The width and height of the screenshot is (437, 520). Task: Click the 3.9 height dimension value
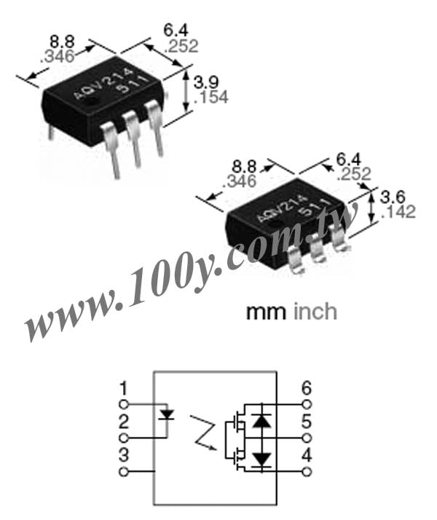tap(206, 82)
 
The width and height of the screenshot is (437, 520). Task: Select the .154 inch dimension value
tap(211, 98)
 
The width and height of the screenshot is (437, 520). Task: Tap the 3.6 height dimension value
tap(393, 197)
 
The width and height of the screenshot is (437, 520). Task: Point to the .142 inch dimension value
tap(398, 212)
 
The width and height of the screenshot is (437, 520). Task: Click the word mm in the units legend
tap(266, 312)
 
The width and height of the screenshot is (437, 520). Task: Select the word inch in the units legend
tap(315, 312)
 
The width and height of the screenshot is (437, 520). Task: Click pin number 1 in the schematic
tap(123, 389)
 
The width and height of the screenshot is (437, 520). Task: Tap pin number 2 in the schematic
tap(123, 422)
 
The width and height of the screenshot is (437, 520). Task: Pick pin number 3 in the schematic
tap(123, 455)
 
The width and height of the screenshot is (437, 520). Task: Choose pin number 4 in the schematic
tap(307, 455)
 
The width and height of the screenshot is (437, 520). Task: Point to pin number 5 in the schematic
tap(307, 422)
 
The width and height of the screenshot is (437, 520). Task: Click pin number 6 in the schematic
tap(307, 389)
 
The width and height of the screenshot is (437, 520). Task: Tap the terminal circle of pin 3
tap(123, 471)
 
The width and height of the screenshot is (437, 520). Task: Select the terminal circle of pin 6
tap(307, 405)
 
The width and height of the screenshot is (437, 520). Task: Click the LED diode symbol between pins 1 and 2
tap(167, 415)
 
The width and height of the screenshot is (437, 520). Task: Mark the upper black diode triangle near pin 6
tap(261, 420)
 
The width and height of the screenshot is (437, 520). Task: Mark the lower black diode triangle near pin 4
tap(261, 460)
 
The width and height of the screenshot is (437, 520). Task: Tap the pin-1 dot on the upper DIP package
tap(94, 101)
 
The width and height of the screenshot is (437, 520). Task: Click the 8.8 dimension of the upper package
tap(62, 42)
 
